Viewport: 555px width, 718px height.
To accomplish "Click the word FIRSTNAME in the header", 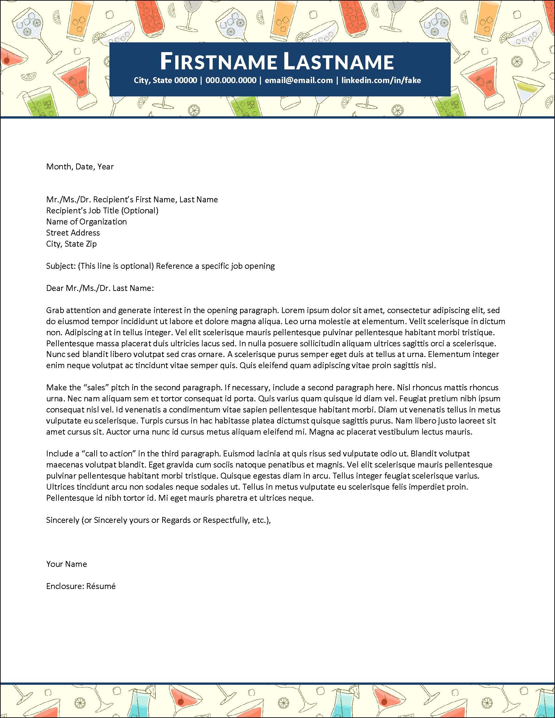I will tap(219, 62).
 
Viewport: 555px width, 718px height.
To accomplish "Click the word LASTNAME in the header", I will tap(338, 62).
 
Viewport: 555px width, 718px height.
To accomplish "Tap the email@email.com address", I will tap(299, 80).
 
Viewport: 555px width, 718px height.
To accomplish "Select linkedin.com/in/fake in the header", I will tap(381, 80).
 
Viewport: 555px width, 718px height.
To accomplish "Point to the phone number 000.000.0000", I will tap(231, 80).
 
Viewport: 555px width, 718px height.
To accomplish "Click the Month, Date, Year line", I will tap(80, 167).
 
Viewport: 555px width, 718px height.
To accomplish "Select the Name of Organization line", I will tap(86, 222).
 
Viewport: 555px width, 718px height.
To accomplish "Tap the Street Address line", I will tap(73, 233).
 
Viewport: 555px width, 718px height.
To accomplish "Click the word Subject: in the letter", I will tap(61, 266).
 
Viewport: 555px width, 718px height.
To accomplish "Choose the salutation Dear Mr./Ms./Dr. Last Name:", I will tap(100, 288).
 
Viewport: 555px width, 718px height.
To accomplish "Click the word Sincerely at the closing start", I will tap(63, 520).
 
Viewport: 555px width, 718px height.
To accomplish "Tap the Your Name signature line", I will tap(67, 564).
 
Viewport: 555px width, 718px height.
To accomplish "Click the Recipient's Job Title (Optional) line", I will tap(102, 211).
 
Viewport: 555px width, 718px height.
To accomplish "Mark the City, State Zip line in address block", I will tap(71, 244).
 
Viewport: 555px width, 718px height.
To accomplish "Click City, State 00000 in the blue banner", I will tap(165, 80).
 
